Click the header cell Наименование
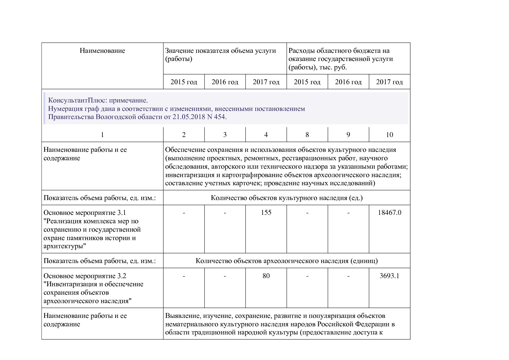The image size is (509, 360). click(x=102, y=51)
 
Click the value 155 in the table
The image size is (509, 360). click(x=266, y=213)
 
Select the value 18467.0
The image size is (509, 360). click(x=389, y=213)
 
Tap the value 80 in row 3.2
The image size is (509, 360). click(x=266, y=276)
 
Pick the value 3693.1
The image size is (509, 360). click(x=389, y=276)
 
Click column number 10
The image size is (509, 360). click(x=389, y=135)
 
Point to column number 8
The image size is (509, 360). click(x=307, y=135)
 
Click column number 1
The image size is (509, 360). click(x=102, y=135)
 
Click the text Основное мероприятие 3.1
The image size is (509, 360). click(x=85, y=213)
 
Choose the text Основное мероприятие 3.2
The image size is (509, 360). click(x=85, y=276)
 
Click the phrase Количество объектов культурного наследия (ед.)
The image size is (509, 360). click(x=286, y=198)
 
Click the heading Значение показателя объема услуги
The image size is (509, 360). click(x=220, y=51)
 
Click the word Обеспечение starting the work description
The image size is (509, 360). click(x=185, y=150)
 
